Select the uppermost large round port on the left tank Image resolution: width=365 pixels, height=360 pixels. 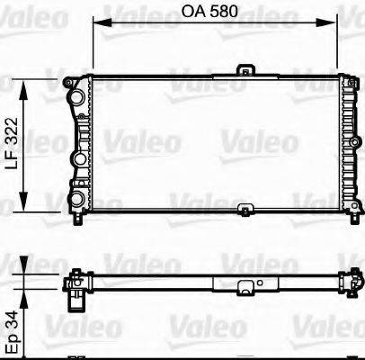pyautogui.click(x=78, y=95)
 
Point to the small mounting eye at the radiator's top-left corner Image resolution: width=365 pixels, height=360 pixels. pyautogui.click(x=68, y=83)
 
